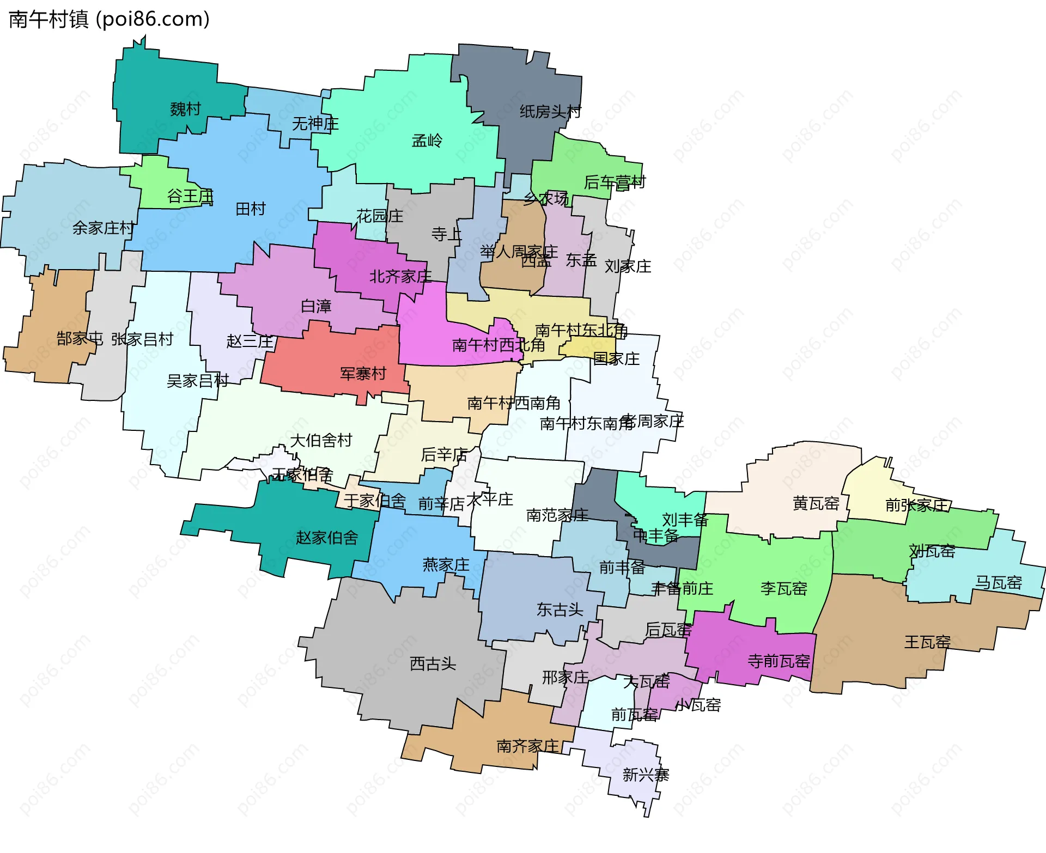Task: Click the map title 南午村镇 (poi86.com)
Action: coord(109,20)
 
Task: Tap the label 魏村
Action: coord(185,109)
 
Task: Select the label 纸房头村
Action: coord(550,112)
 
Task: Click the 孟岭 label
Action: coord(427,141)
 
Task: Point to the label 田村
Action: coord(251,209)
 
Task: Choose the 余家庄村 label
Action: coord(104,228)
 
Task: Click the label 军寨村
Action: coord(363,374)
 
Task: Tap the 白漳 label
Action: coord(316,307)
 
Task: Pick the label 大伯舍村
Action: coord(321,440)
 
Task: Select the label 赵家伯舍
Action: coord(327,538)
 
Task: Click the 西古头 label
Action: coord(433,663)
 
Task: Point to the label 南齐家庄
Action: coord(528,746)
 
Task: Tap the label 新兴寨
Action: coord(646,775)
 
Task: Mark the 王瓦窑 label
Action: coord(927,642)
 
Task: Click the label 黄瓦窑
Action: coord(816,503)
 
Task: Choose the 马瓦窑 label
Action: coord(998,583)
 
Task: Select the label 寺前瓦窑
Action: coord(779,661)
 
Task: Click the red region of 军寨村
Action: coord(316,365)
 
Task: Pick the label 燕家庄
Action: coord(446,565)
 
